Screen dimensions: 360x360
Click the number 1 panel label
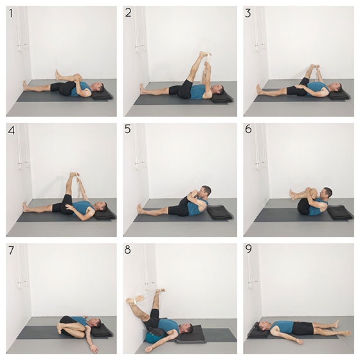tap(11, 13)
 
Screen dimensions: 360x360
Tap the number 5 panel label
tap(128, 129)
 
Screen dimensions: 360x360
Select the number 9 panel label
tap(248, 249)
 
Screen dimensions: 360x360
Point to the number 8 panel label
tap(127, 249)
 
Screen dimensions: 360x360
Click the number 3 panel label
tap(248, 14)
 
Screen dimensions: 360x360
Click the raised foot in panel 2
tap(204, 54)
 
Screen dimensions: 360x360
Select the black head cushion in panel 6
tap(340, 212)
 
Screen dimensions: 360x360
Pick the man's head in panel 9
tap(263, 326)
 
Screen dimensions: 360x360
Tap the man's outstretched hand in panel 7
tap(94, 348)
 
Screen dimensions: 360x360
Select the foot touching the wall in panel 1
tap(25, 85)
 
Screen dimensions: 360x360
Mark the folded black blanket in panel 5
tap(220, 212)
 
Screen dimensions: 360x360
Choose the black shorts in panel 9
tap(303, 328)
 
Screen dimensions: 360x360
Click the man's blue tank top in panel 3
tap(317, 88)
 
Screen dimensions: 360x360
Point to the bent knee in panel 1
tap(77, 76)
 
